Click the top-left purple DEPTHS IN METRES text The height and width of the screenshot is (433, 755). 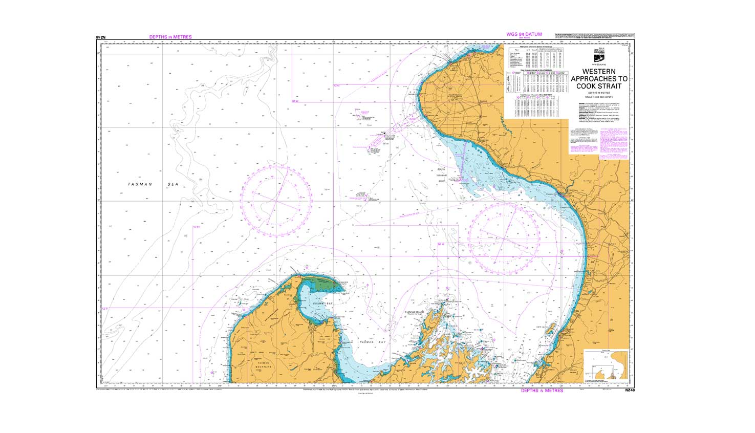pyautogui.click(x=170, y=37)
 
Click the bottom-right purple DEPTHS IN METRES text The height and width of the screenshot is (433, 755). pyautogui.click(x=542, y=391)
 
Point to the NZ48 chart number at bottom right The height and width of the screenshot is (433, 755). pyautogui.click(x=630, y=391)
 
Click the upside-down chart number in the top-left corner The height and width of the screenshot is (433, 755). pyautogui.click(x=100, y=37)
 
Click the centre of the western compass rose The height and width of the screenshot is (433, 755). pyautogui.click(x=276, y=201)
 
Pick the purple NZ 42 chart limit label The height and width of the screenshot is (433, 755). pyautogui.click(x=295, y=101)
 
